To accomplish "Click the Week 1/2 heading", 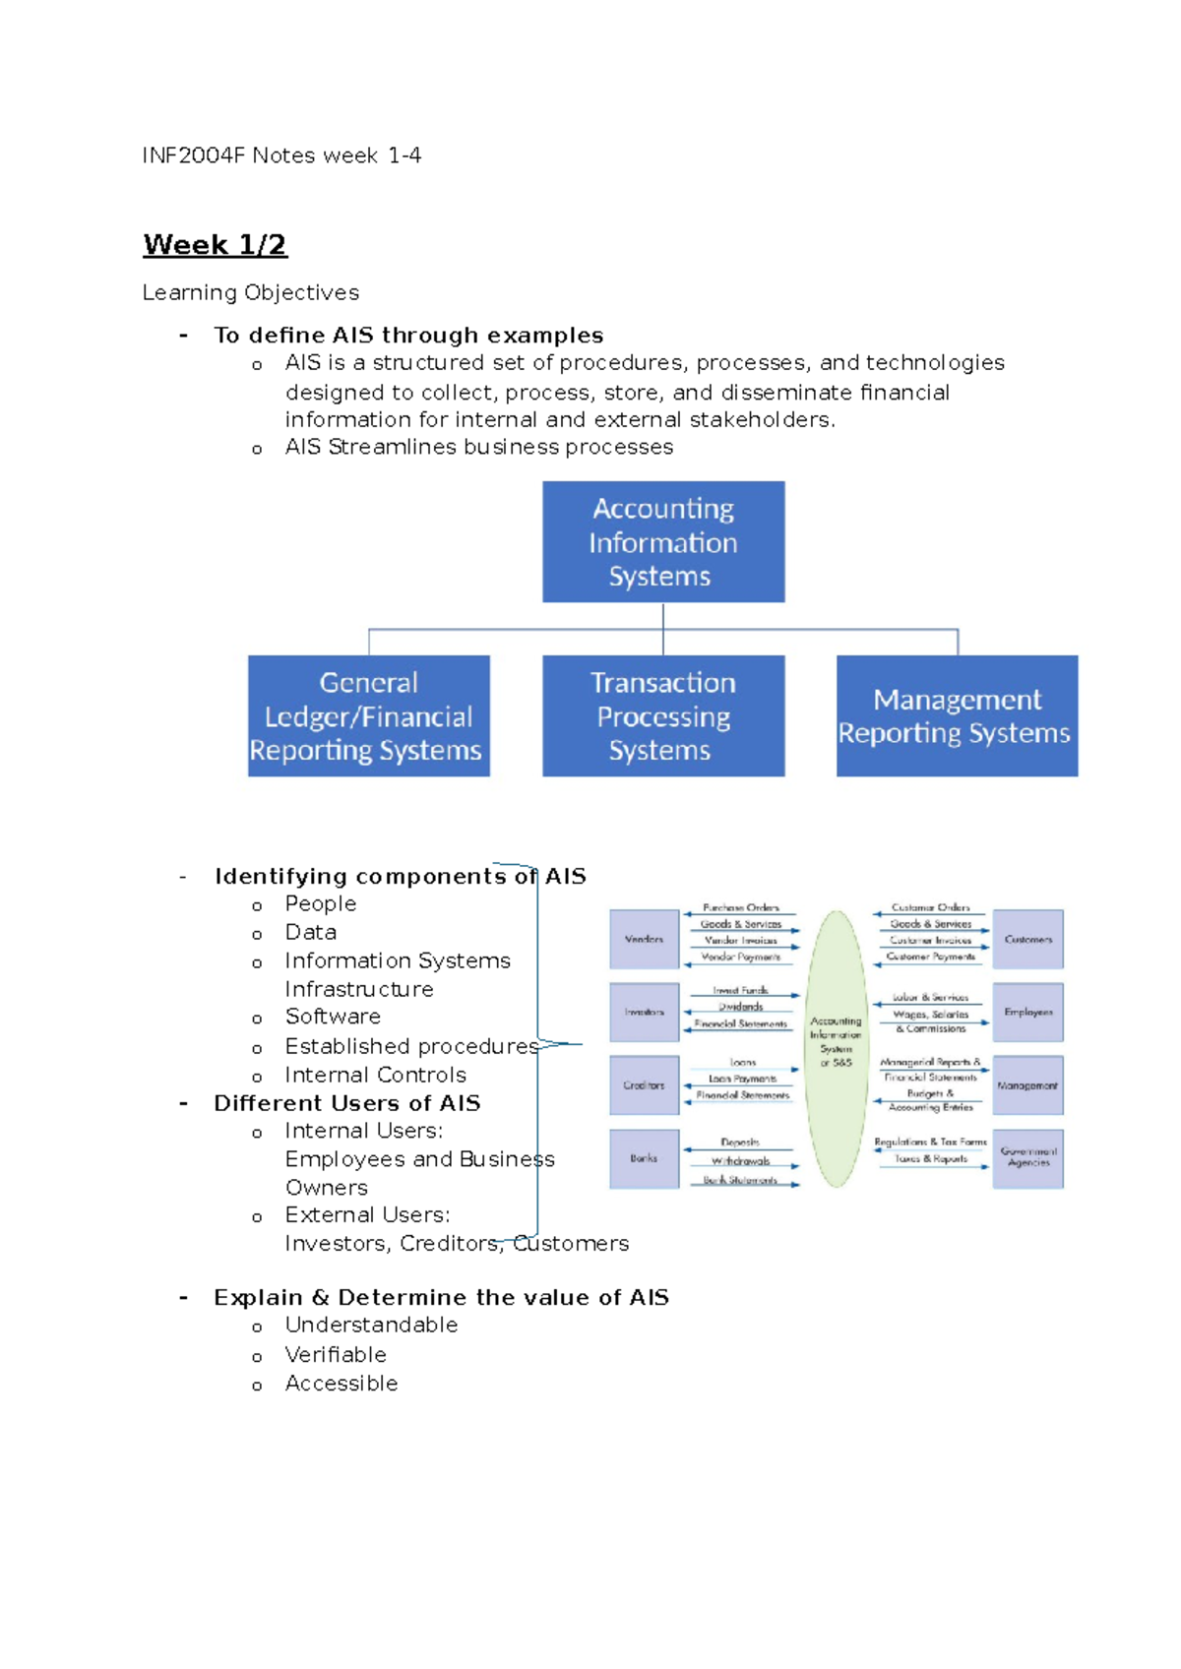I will [215, 244].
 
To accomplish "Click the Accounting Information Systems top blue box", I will [663, 542].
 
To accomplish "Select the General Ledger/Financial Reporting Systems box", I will [368, 716].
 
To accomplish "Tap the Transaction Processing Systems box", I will [663, 716].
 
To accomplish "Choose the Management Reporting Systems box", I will [957, 716].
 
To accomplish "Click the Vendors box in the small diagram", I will [644, 940].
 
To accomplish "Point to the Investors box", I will [644, 1012].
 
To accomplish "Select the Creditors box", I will [644, 1085].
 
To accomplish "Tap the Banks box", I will [644, 1158].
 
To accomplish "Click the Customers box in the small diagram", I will [1027, 940].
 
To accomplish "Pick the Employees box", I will [1027, 1012].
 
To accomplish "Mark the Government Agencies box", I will [1027, 1157].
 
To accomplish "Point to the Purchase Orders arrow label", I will [741, 907].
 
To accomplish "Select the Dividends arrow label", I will [741, 1007].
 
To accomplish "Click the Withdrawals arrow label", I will [741, 1161].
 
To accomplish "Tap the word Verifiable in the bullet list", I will [336, 1355].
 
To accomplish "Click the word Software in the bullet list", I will [333, 1017].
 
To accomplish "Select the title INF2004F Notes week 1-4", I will [281, 155].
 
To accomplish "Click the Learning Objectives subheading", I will [251, 293].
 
